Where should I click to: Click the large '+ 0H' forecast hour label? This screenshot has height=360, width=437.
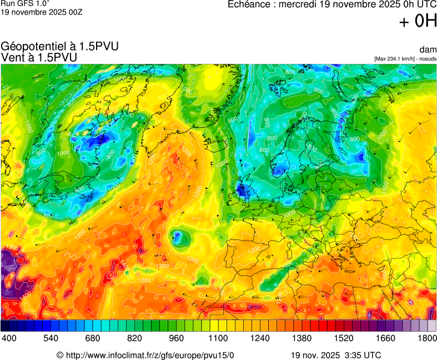pos(418,22)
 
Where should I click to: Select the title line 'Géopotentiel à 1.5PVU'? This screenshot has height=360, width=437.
pos(60,47)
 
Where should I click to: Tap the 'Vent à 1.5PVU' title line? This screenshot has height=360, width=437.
pos(39,57)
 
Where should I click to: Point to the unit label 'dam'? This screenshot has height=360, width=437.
pos(429,50)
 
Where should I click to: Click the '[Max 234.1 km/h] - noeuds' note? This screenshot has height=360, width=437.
pos(405,58)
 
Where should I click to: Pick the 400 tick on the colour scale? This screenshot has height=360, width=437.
pos(8,338)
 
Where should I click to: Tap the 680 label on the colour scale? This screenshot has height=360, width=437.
pos(92,338)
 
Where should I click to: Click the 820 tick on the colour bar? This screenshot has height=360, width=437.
pos(134,338)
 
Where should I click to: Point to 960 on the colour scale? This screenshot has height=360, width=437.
pos(176,338)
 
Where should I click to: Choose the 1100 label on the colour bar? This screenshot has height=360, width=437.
pos(218,338)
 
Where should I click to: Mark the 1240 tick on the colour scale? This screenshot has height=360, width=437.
pos(260,338)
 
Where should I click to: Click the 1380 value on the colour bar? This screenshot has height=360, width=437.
pos(302,338)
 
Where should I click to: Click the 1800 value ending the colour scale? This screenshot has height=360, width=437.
pos(426,338)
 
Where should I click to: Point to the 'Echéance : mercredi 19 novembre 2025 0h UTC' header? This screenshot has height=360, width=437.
pos(333,4)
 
